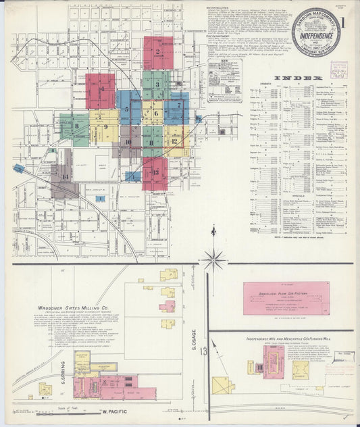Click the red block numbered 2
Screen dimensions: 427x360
tap(158, 53)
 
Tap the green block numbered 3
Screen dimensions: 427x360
tap(156, 85)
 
